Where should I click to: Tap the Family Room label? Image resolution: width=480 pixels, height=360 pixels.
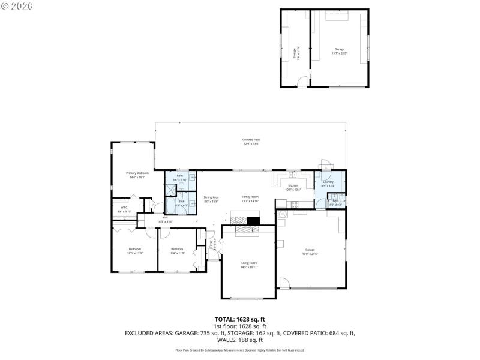point(250,199)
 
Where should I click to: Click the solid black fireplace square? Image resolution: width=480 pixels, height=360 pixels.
point(254,220)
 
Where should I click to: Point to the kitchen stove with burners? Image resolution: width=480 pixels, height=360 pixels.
point(295,205)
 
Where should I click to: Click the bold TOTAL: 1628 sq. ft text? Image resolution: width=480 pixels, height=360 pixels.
point(239,319)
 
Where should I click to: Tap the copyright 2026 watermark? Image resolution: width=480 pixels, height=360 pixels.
point(17,6)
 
